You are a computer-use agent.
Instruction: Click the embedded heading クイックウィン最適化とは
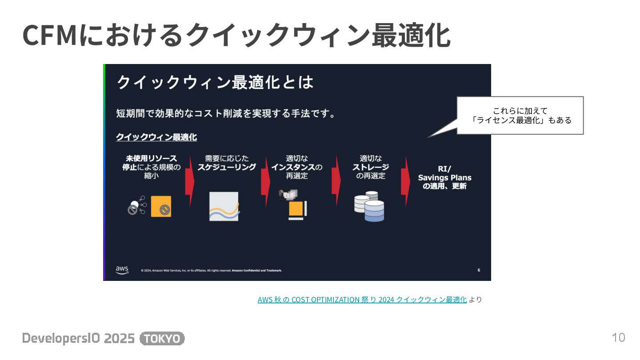(x=215, y=82)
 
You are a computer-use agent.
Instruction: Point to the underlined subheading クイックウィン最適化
(x=156, y=137)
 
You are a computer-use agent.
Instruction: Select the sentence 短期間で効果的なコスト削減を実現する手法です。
(x=226, y=113)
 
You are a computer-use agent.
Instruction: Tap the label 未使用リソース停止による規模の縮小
(x=151, y=167)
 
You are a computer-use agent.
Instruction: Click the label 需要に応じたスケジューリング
(x=227, y=163)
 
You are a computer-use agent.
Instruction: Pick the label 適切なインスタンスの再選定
(x=297, y=167)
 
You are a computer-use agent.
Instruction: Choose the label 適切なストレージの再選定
(x=371, y=167)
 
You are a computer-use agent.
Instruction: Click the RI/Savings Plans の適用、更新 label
(x=444, y=177)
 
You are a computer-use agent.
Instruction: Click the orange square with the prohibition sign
(x=161, y=207)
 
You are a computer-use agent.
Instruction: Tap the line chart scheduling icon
(x=224, y=206)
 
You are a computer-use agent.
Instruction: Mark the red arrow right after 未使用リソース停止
(x=190, y=181)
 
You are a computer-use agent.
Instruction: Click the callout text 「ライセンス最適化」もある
(x=521, y=120)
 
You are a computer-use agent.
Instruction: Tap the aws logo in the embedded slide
(x=122, y=270)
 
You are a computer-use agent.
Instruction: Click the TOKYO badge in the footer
(x=162, y=339)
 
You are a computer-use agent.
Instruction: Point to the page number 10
(x=618, y=338)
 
